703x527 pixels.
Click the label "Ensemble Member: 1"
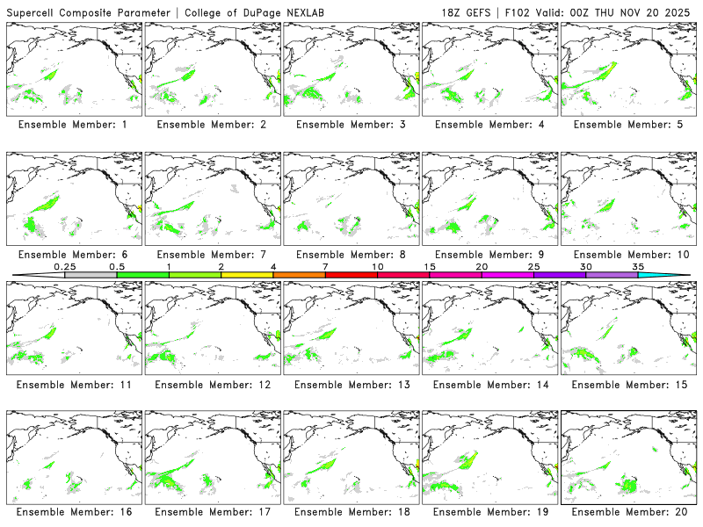73,125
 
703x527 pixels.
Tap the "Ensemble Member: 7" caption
211,255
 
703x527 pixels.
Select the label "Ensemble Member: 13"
350,385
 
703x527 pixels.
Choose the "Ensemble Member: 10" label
627,255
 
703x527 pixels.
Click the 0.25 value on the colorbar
65,266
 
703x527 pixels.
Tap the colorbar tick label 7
325,266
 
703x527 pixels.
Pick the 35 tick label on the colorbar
637,266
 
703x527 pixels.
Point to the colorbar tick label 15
430,266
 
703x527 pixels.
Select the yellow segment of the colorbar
247,275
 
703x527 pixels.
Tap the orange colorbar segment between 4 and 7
299,275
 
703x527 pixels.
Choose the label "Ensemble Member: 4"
489,125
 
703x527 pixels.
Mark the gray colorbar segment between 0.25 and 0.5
91,275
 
